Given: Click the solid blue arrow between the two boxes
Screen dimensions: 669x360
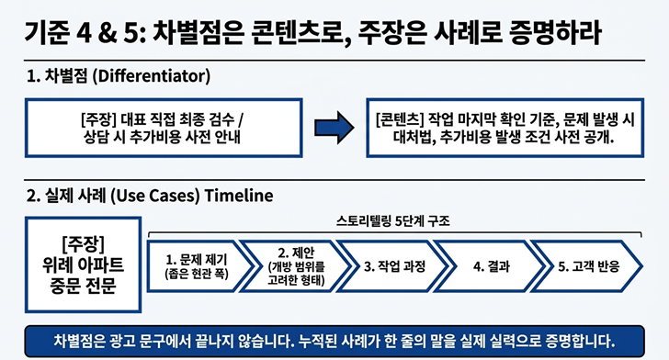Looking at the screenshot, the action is pyautogui.click(x=334, y=128).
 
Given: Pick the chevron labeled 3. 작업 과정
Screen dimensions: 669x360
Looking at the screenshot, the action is pyautogui.click(x=393, y=266).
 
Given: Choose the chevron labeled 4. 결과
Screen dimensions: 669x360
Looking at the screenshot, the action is pyautogui.click(x=491, y=266).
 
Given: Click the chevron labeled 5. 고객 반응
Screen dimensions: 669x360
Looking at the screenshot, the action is pyautogui.click(x=587, y=266).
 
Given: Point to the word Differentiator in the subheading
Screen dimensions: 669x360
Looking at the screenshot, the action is pyautogui.click(x=152, y=76).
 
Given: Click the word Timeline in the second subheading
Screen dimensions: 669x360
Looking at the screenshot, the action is pyautogui.click(x=239, y=196).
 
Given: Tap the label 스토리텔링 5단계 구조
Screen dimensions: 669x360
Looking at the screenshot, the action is pyautogui.click(x=393, y=221).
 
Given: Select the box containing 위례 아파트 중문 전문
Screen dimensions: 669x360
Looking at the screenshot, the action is pyautogui.click(x=84, y=264).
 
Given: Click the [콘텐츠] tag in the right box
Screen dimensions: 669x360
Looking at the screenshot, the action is pyautogui.click(x=400, y=119).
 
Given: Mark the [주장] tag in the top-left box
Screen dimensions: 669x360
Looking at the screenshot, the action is pyautogui.click(x=98, y=119).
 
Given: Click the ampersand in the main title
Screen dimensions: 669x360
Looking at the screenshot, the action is pyautogui.click(x=107, y=33).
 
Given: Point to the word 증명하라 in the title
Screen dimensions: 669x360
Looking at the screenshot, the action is pyautogui.click(x=555, y=32).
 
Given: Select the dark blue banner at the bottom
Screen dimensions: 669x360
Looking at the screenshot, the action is pyautogui.click(x=334, y=342).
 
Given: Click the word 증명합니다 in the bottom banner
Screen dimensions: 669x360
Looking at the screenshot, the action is pyautogui.click(x=580, y=342).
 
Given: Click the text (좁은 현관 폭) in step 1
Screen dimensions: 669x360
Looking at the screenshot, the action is pyautogui.click(x=197, y=274).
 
